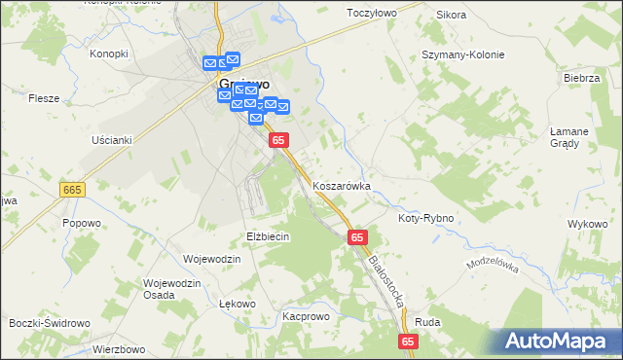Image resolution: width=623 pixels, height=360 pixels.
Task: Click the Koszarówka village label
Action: (x=342, y=185)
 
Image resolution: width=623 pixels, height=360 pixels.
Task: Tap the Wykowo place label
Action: (x=587, y=224)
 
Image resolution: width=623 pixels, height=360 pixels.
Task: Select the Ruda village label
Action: (x=427, y=322)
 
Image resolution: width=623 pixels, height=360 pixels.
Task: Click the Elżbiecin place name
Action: (x=269, y=236)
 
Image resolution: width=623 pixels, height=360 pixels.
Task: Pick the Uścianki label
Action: (x=111, y=139)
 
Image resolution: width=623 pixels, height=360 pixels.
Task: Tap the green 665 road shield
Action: (x=71, y=189)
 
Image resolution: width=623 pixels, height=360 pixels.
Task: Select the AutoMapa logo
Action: (x=561, y=342)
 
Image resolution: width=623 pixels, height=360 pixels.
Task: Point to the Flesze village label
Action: (x=45, y=98)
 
